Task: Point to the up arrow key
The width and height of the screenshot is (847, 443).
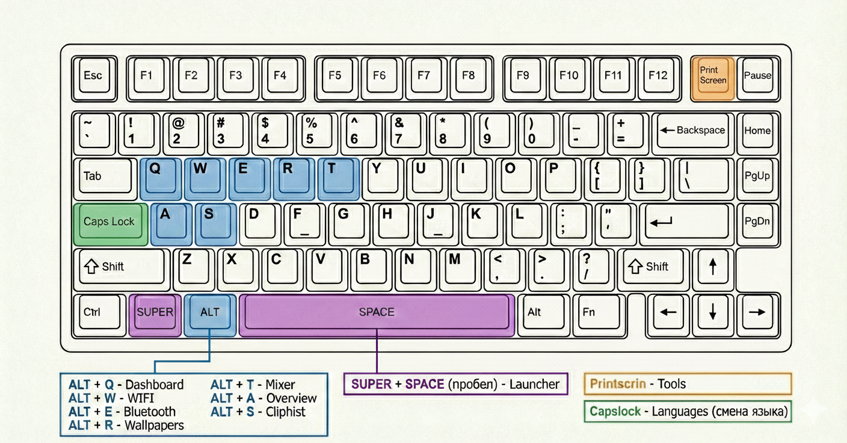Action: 713,267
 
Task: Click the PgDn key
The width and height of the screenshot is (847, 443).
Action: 757,222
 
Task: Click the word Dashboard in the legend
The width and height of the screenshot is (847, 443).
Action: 155,385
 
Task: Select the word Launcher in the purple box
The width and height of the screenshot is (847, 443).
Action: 534,384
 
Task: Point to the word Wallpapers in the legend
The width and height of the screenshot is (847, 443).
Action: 154,426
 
